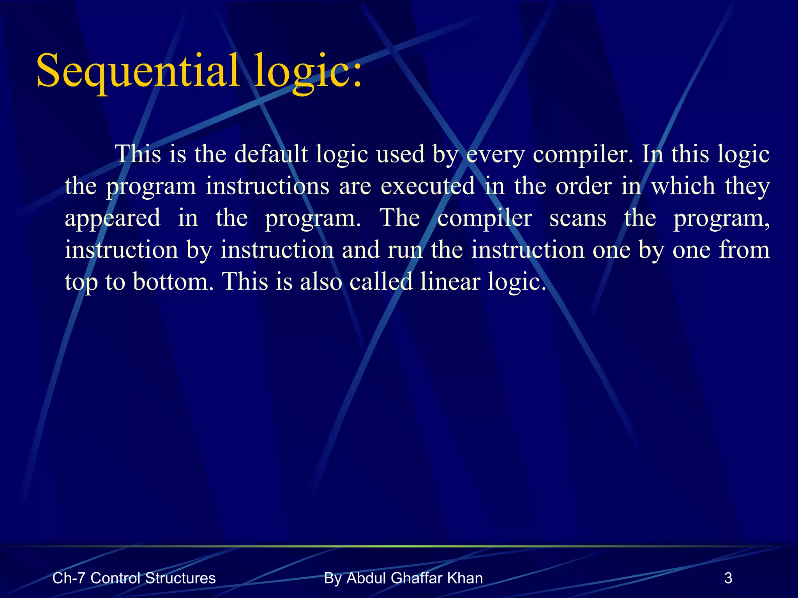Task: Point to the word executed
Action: [x=427, y=186]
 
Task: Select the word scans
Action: [x=578, y=218]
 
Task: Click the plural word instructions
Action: [x=267, y=186]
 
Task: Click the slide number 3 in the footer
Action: [x=728, y=578]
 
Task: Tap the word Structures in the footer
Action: [x=180, y=578]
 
